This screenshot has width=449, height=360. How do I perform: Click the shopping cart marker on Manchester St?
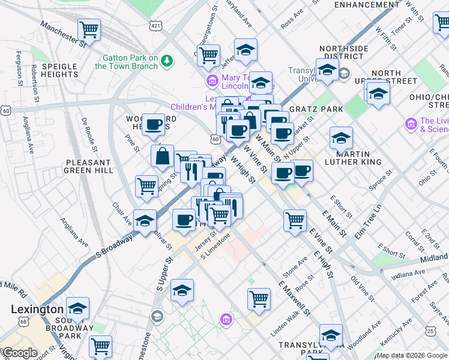pos(89,28)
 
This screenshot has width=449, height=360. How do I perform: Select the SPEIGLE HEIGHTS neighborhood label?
pos(59,70)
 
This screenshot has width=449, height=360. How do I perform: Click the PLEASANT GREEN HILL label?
pos(89,166)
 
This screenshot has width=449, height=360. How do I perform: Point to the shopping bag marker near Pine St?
pos(162,157)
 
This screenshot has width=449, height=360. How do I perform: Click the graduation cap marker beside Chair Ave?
pos(145,221)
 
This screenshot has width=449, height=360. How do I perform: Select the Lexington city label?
pos(37,310)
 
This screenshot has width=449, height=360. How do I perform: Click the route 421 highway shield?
pos(155,26)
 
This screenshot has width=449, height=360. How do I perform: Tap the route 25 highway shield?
pos(430,331)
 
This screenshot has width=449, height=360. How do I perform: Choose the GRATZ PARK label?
pos(316,109)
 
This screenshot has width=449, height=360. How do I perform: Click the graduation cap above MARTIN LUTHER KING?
pos(341,138)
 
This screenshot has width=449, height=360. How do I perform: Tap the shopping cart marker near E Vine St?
pos(295,220)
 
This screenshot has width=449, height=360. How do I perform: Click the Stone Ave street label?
pos(295,266)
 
